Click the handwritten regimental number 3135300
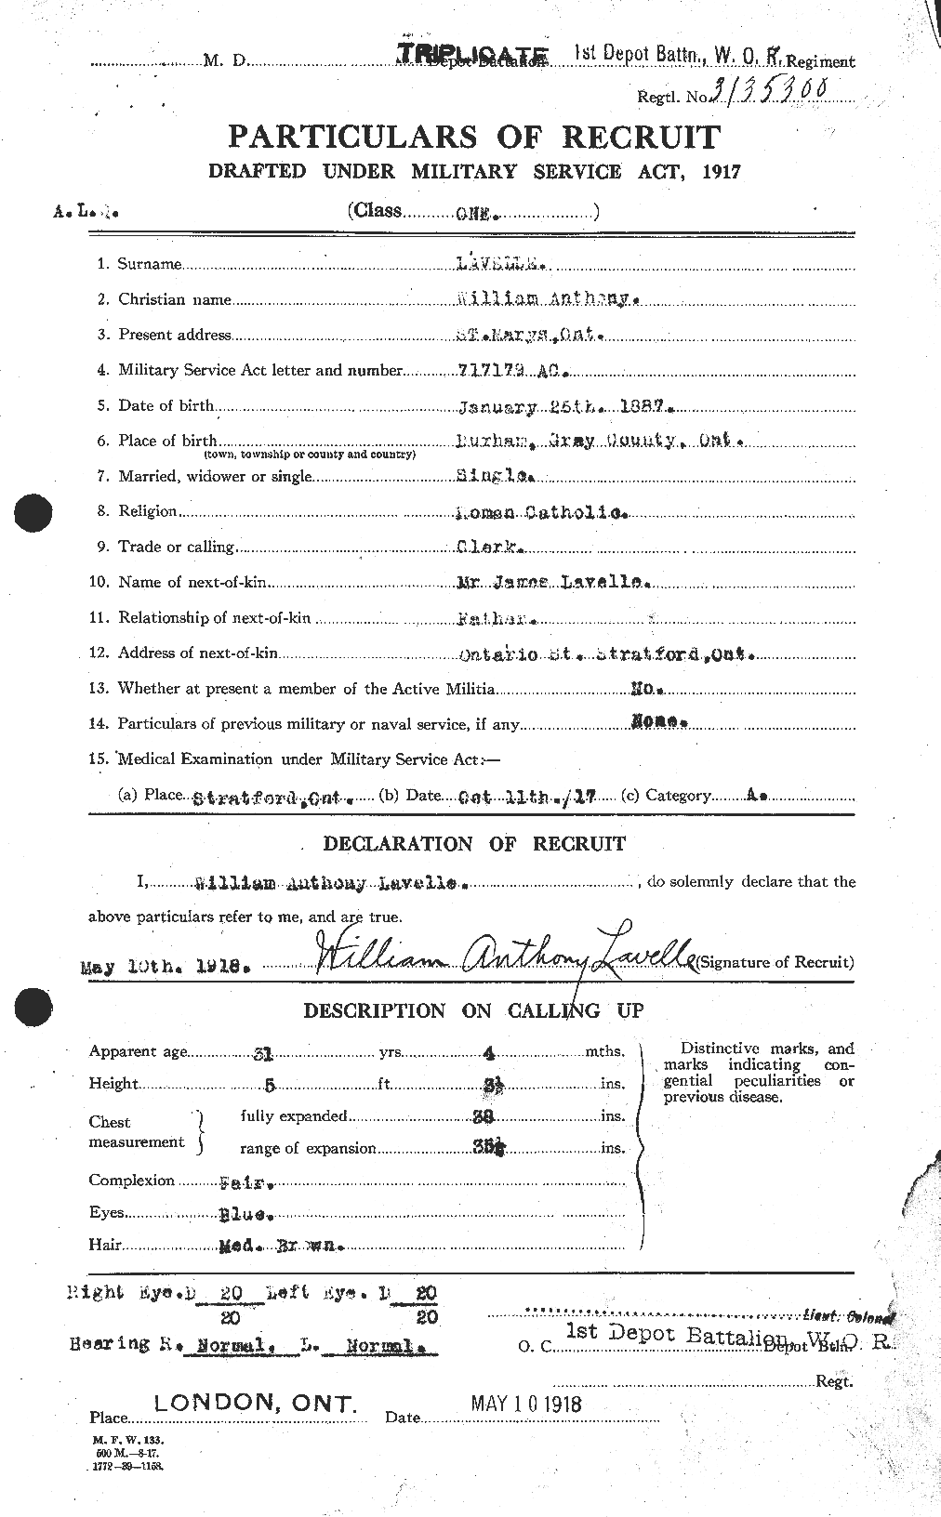(773, 91)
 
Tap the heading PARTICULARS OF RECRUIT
(474, 138)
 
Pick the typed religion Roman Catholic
(546, 511)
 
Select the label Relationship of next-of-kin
(214, 618)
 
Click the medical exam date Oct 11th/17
(526, 797)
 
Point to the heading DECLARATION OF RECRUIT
(474, 844)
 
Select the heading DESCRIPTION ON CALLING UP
(474, 1010)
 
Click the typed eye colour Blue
(246, 1214)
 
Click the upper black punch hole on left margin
(35, 512)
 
